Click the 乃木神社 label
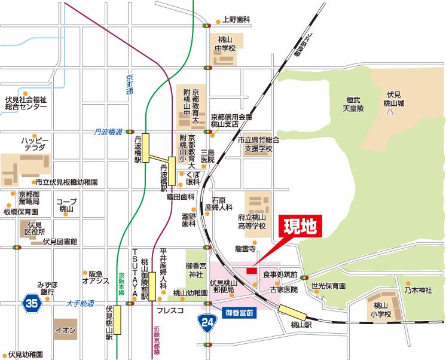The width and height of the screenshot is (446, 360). click(417, 290)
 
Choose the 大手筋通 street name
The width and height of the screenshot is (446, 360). click(80, 304)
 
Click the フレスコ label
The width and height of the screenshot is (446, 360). click(169, 311)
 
